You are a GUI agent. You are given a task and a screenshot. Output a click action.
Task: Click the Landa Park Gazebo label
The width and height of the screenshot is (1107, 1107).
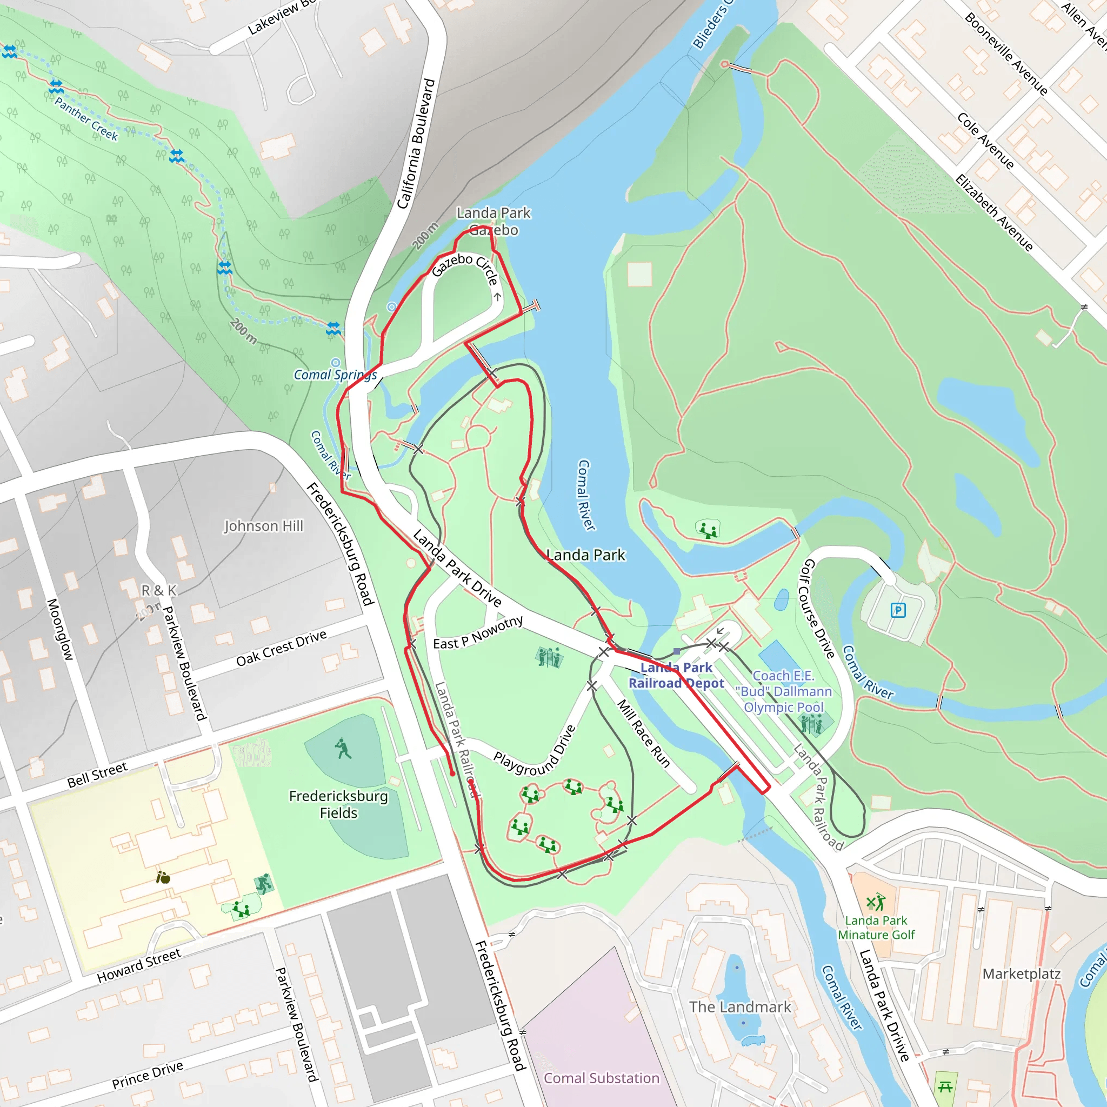(494, 222)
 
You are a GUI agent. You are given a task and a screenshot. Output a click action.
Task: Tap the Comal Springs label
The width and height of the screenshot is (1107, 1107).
(335, 375)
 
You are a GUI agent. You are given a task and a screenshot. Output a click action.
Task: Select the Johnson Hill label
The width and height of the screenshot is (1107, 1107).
(263, 525)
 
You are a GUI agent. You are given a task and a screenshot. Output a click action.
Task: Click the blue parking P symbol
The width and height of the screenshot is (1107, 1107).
(898, 610)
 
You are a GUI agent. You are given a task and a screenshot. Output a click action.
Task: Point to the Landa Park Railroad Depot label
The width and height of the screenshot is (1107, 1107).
(676, 675)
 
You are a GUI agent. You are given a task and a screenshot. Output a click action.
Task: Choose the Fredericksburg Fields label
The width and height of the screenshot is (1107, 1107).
(338, 804)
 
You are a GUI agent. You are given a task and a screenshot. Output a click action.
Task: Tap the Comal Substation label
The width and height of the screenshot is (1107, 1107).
(601, 1078)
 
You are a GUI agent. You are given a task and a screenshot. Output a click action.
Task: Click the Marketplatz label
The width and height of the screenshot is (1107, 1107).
(1022, 973)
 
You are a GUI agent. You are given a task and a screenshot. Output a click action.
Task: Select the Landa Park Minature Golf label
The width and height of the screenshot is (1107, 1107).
(876, 927)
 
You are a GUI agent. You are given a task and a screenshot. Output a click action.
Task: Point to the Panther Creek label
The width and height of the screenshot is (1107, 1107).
(86, 118)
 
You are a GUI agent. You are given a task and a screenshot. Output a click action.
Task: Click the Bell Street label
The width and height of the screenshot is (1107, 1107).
(97, 775)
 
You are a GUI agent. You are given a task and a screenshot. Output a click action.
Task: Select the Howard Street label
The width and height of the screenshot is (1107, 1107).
(139, 965)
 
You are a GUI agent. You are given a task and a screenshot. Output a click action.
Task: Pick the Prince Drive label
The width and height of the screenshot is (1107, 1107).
(147, 1075)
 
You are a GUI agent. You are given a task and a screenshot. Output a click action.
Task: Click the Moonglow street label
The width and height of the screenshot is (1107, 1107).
(59, 629)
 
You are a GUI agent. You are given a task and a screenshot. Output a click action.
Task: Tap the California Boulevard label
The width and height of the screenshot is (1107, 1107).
(416, 143)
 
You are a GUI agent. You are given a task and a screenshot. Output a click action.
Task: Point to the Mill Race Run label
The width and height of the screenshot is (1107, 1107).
(643, 733)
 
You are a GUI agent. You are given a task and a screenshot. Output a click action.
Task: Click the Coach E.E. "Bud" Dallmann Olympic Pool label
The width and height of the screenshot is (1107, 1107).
(783, 691)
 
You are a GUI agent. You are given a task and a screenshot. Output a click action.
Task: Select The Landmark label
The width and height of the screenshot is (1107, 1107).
(740, 1006)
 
